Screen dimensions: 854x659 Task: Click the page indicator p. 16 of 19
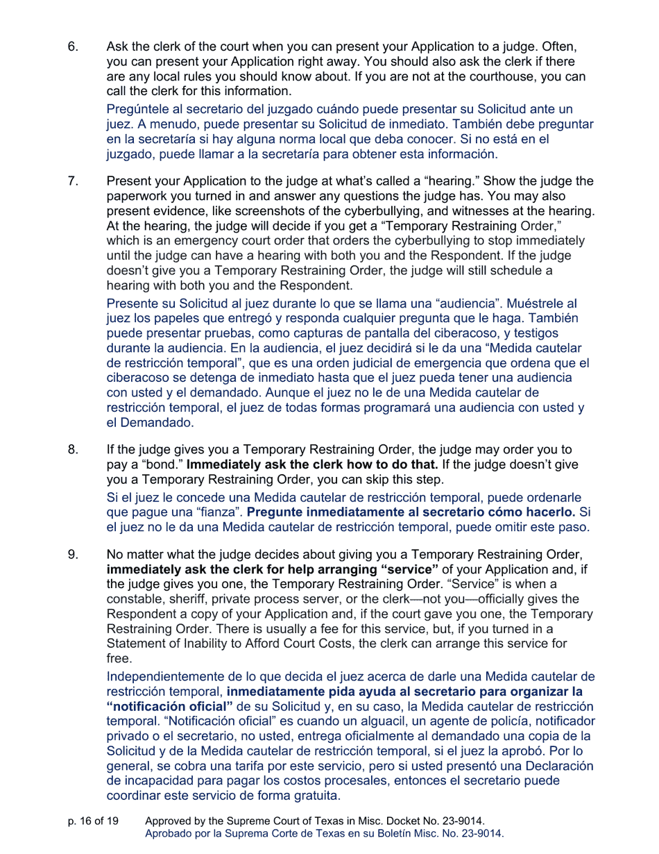(x=93, y=821)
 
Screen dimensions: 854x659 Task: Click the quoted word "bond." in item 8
(x=155, y=464)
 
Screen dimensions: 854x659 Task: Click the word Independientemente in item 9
(x=171, y=676)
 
